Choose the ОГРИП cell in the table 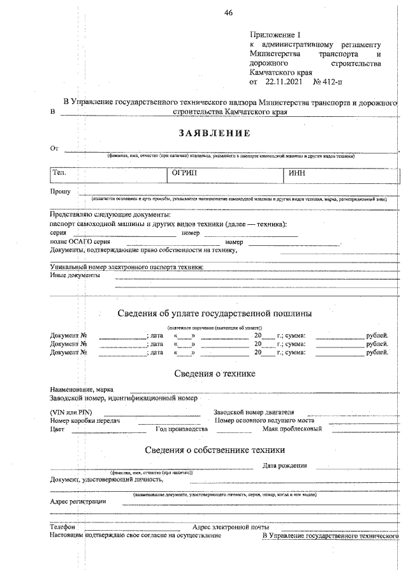tap(185, 172)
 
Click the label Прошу tap(60, 191)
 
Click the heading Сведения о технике tap(215, 372)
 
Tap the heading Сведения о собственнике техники tap(215, 450)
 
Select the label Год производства tap(182, 429)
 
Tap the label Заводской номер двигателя tap(253, 412)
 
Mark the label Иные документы tap(75, 275)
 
